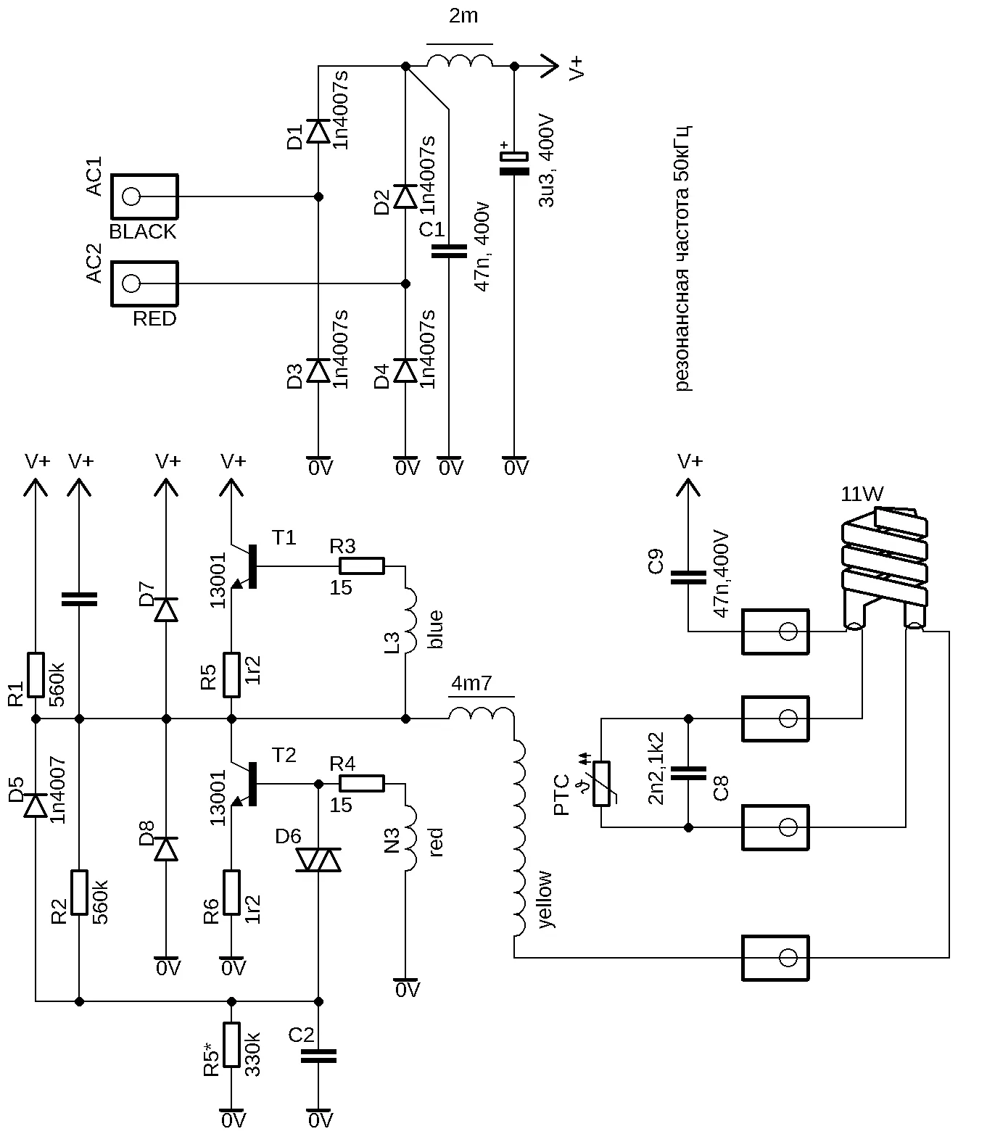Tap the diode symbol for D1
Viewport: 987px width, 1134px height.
coord(318,131)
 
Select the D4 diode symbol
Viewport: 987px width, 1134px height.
coord(405,371)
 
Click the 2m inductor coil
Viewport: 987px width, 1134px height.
coord(460,61)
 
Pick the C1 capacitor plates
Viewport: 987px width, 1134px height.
coord(449,251)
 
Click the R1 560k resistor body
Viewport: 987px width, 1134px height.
coord(36,674)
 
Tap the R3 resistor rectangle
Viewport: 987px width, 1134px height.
coord(362,566)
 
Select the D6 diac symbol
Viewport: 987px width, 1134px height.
coord(318,860)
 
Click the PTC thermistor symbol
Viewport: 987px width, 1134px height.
coord(601,783)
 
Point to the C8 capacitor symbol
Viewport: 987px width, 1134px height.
coord(688,773)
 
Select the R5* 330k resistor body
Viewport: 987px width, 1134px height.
coord(231,1045)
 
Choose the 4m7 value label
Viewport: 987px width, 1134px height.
coord(471,683)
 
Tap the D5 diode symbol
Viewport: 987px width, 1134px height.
coord(36,806)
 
